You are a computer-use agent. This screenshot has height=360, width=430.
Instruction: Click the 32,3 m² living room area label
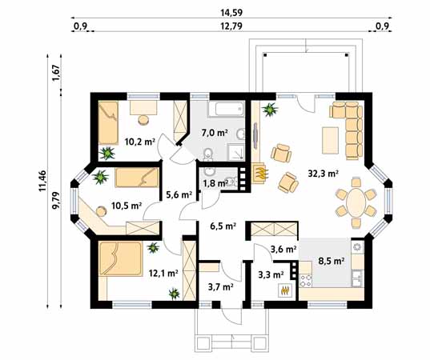[x=323, y=173]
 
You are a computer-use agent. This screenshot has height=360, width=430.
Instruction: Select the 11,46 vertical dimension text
[x=42, y=181]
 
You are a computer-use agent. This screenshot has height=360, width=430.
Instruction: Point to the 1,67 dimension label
[x=56, y=73]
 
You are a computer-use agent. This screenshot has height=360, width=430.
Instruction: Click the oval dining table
[x=356, y=202]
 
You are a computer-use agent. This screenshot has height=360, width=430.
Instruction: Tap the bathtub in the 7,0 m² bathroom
[x=229, y=109]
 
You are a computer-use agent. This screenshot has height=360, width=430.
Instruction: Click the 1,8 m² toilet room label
[x=215, y=183]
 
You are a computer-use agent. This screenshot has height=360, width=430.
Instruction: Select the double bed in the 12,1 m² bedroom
[x=121, y=258]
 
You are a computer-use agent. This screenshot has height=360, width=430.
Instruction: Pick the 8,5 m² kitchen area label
[x=332, y=261]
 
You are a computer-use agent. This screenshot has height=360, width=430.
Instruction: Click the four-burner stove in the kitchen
[x=306, y=281]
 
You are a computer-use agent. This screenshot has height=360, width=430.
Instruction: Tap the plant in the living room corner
[x=270, y=110]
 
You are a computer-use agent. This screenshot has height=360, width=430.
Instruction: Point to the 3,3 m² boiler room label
[x=271, y=274]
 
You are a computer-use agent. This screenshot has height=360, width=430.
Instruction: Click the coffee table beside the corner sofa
[x=330, y=140]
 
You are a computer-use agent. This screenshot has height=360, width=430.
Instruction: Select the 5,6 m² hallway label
[x=179, y=194]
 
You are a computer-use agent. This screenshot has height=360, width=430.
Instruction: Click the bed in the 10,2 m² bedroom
[x=108, y=122]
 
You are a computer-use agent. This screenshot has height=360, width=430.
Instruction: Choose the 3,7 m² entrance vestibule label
[x=220, y=287]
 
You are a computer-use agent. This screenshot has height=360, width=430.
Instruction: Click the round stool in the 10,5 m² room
[x=101, y=211]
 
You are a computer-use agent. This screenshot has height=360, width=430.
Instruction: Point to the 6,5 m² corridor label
[x=223, y=226]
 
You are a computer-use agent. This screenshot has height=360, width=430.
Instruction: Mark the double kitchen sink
[x=358, y=278]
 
